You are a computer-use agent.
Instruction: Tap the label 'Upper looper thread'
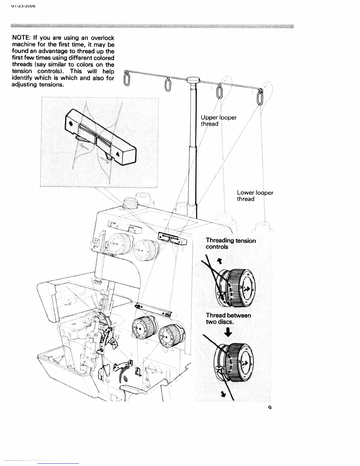[x=219, y=121]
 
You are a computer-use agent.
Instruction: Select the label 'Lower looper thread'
[x=255, y=196]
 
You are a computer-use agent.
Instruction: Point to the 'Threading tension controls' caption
[x=231, y=244]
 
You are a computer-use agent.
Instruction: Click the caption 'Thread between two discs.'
[x=228, y=318]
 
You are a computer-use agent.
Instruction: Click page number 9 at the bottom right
[x=269, y=408]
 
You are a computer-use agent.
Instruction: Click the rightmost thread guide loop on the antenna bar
[x=260, y=97]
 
